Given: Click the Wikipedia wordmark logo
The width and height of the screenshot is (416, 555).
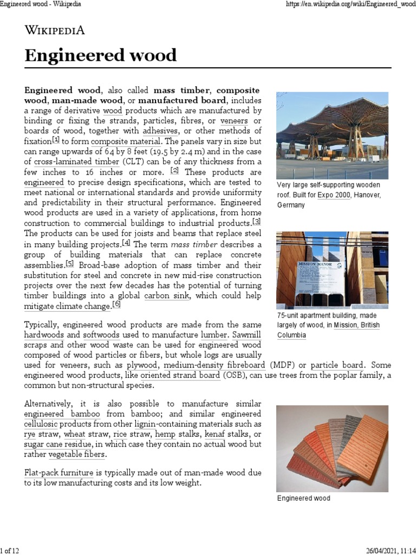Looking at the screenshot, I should [54, 30].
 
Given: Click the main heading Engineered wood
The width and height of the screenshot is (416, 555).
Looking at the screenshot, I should [101, 56].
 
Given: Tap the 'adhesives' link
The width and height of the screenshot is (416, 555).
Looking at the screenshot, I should [160, 131].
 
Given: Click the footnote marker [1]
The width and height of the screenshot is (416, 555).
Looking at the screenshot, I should [56, 140].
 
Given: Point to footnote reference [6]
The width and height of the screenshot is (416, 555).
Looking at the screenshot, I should [116, 305].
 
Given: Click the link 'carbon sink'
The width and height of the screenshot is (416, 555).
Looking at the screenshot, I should [167, 296].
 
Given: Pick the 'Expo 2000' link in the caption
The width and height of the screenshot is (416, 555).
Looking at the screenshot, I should [334, 195].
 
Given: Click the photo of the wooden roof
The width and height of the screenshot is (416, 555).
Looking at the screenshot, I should [332, 135].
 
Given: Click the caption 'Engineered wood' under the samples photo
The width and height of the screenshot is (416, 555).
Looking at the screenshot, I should [303, 498].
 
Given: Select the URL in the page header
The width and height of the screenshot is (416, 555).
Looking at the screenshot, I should [350, 4].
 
